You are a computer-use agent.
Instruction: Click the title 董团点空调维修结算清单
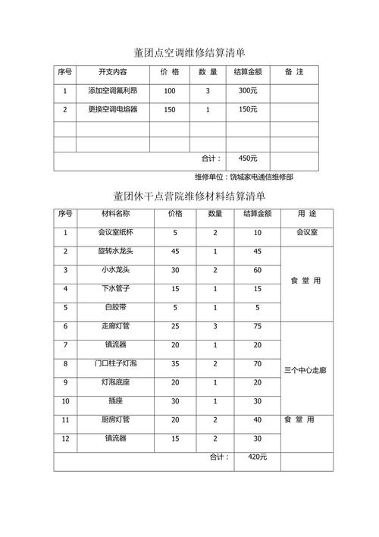tap(189, 52)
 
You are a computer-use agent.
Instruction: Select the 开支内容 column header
tap(113, 72)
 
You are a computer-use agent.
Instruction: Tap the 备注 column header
tap(294, 72)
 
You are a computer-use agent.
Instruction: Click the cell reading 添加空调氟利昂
tap(113, 91)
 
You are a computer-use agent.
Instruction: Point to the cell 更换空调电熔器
tap(113, 110)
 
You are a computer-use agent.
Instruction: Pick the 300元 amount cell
tap(247, 91)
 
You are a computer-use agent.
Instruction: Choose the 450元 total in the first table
tap(247, 159)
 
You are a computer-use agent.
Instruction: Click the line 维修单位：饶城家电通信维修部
tap(244, 177)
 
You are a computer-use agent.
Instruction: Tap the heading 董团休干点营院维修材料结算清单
tap(189, 196)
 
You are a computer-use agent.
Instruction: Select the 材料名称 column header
tap(115, 214)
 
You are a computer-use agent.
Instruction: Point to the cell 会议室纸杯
tap(115, 233)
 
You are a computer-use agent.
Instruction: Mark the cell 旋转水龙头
tap(115, 251)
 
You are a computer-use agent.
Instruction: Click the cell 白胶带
tap(115, 307)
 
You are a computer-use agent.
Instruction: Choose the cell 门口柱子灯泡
tap(115, 363)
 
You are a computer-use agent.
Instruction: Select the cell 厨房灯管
tap(115, 419)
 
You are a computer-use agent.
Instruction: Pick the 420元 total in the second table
tap(247, 457)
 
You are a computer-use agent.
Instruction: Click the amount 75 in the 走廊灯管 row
tap(257, 326)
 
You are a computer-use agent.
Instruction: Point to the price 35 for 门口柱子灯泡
tap(175, 363)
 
